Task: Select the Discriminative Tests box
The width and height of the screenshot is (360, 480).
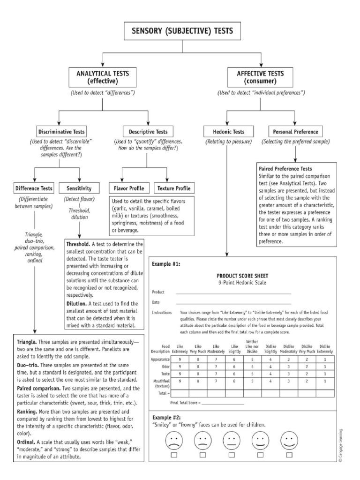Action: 61,132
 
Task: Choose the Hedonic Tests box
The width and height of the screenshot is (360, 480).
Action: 227,132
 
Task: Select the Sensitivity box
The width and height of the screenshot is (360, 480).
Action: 79,188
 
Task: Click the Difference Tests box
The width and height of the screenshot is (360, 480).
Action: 33,188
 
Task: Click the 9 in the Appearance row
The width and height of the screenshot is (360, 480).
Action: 180,359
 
